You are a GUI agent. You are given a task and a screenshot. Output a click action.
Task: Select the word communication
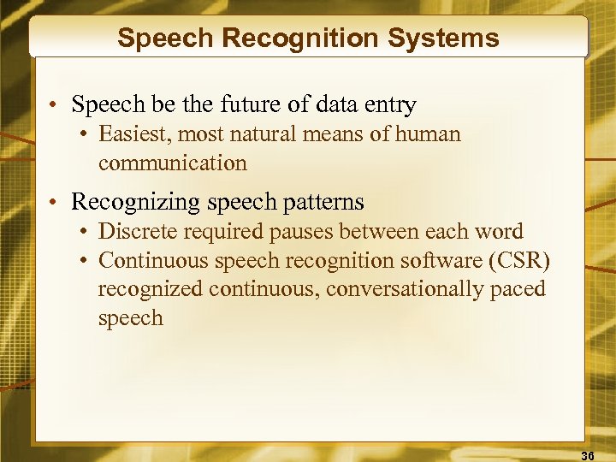pyautogui.click(x=172, y=163)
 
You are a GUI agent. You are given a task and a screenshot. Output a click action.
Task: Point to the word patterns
pyautogui.click(x=323, y=203)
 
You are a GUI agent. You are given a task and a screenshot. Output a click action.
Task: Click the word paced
pyautogui.click(x=517, y=289)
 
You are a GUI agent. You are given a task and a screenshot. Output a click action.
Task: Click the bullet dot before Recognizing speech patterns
pyautogui.click(x=53, y=203)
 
